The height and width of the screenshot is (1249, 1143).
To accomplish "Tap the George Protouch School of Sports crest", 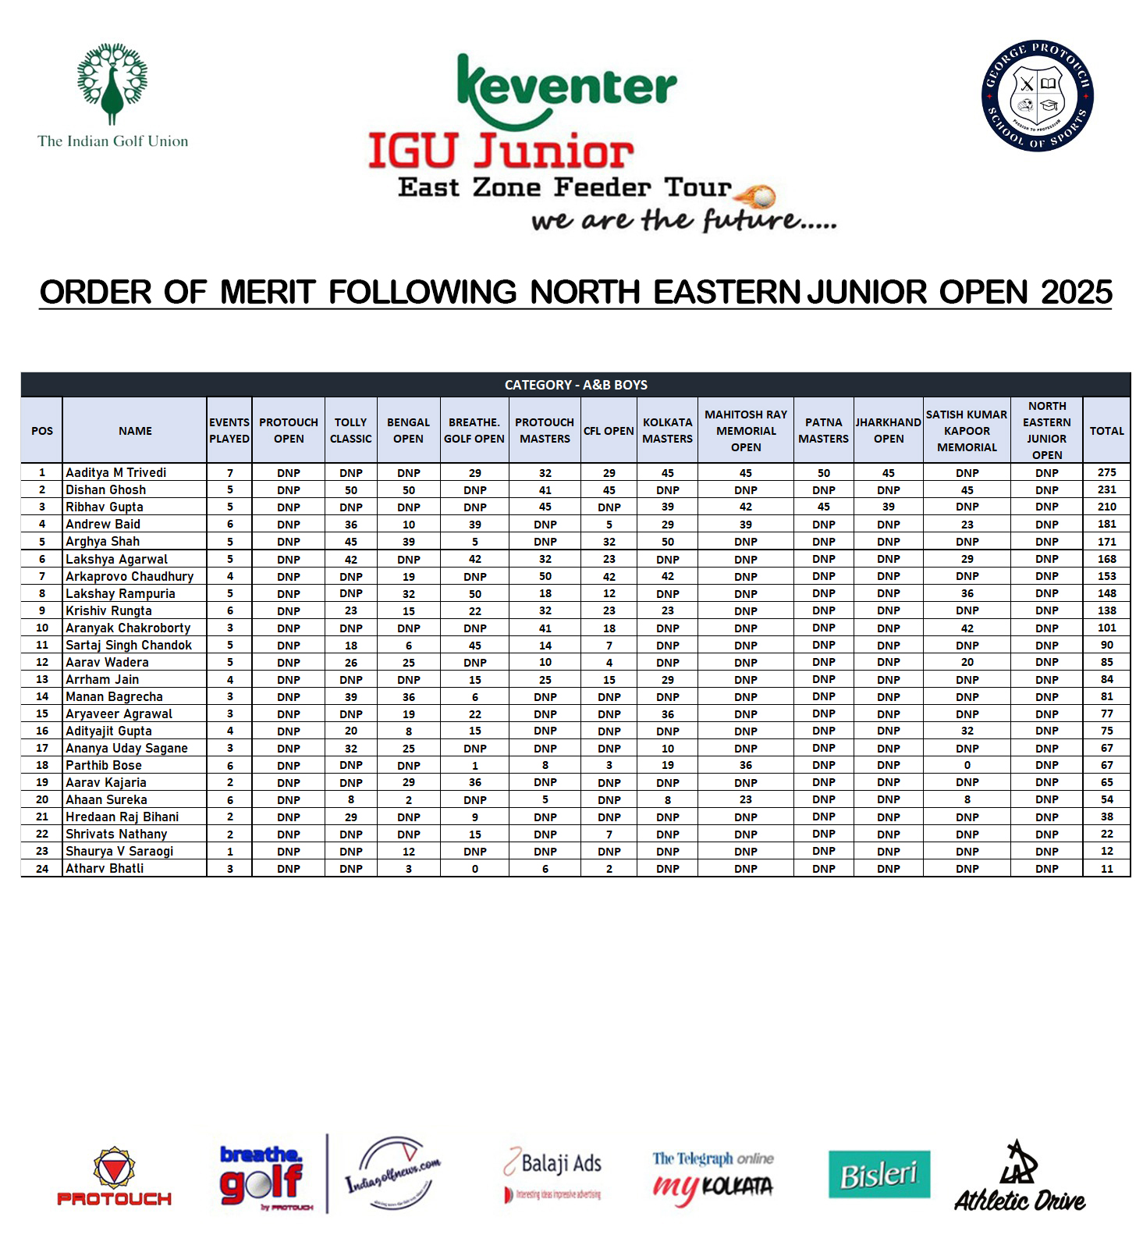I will coord(1037,95).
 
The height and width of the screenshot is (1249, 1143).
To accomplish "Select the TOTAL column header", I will coord(1106,431).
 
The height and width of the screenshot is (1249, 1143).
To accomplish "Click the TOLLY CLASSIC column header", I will coord(350,431).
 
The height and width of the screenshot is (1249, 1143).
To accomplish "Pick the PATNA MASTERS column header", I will coord(823,431).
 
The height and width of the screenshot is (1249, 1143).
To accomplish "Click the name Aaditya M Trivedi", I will coord(115,473).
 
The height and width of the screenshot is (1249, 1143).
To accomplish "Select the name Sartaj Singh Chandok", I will coord(128,646).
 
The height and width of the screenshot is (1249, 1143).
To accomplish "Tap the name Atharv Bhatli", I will coord(105,869).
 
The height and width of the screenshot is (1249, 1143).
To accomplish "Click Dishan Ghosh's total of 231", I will coord(1106,490).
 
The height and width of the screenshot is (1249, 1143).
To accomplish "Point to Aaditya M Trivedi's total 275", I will coord(1106,473).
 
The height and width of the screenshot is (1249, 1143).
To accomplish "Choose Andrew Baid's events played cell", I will coord(229,525).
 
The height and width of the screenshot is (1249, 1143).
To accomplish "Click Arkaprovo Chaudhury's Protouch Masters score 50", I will coord(545,577).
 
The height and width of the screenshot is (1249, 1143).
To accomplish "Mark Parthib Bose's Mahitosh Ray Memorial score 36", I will coord(745,766).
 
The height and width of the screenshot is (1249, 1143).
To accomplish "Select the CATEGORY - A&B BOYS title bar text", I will coord(576,385).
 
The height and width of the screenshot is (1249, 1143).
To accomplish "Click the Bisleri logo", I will coord(879,1174).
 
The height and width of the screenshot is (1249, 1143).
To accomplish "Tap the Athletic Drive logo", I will coord(1020,1179).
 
